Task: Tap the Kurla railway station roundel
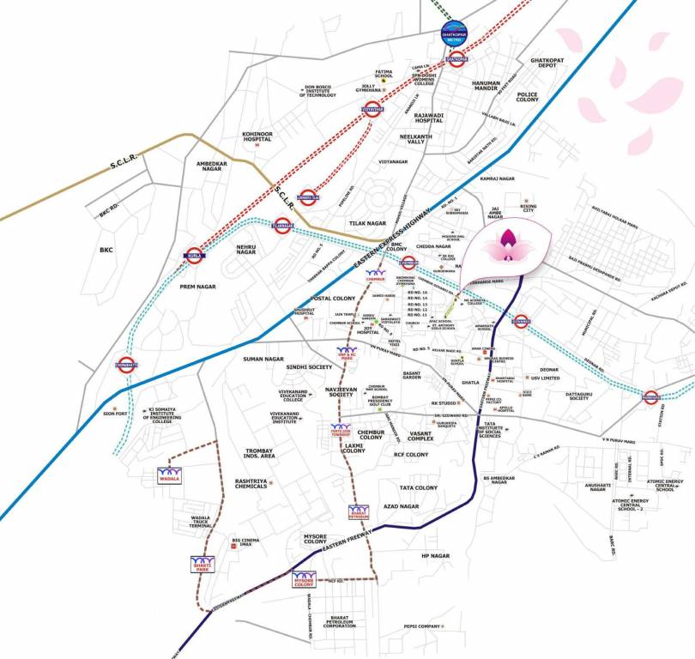(194, 255)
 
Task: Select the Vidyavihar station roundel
(372, 108)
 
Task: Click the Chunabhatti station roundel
(125, 366)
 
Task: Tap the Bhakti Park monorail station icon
(202, 564)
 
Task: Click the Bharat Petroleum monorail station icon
(359, 512)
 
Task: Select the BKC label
(106, 251)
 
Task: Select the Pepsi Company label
(422, 626)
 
